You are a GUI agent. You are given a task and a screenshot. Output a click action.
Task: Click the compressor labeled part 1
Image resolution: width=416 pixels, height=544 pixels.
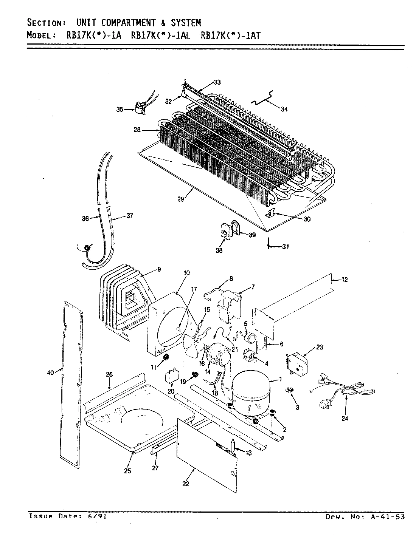point(251,391)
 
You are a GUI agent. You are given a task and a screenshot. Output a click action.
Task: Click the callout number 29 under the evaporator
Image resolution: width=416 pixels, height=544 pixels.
point(181,199)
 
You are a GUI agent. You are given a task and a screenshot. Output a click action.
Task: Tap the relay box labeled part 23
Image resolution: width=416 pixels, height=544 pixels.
point(297,363)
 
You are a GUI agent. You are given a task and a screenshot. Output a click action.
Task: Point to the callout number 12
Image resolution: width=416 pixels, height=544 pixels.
point(344,280)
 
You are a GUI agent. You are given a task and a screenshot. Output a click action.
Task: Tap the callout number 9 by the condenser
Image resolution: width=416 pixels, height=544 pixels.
point(159,269)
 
